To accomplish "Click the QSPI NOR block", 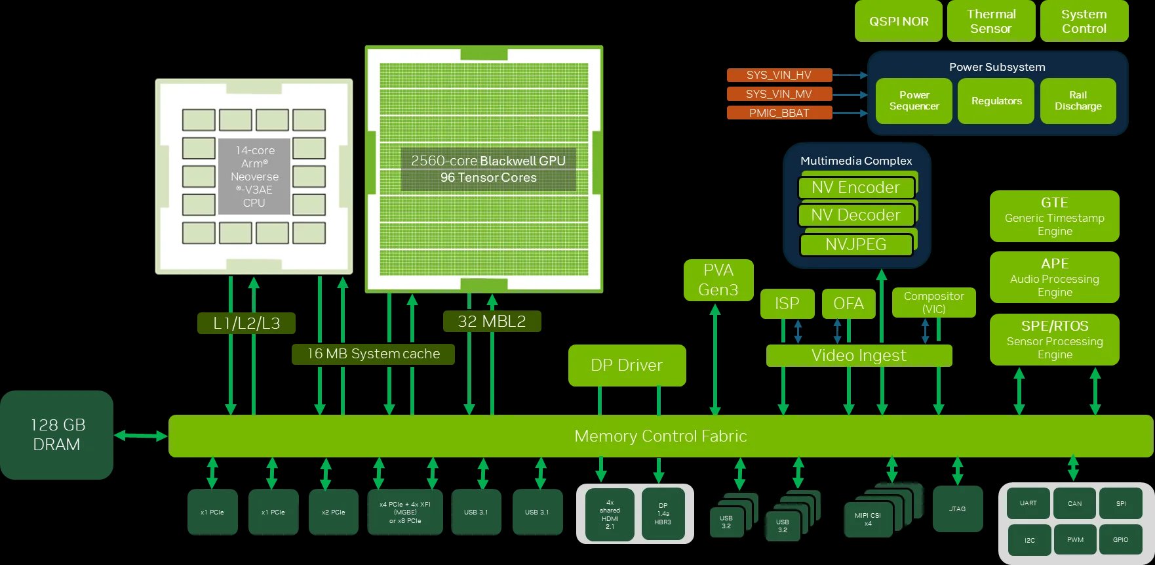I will click(898, 21).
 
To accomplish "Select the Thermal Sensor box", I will click(990, 21).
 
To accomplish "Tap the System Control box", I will click(1084, 21).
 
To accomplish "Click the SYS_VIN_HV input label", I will click(779, 75).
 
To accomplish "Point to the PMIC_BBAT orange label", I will click(779, 113).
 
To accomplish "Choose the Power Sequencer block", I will click(914, 100).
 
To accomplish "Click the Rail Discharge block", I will click(1078, 100).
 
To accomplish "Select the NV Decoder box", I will click(855, 215).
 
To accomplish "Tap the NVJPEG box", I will click(855, 245).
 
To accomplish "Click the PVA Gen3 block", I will click(718, 280).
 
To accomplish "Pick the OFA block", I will click(848, 303).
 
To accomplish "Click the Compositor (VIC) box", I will click(933, 303).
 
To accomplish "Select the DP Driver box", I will click(627, 366).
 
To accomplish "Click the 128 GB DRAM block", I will click(57, 434).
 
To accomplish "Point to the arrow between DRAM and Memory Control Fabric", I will click(141, 435).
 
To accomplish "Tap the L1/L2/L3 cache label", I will click(246, 323).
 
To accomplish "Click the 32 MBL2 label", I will click(492, 321).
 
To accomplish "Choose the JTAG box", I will click(957, 509).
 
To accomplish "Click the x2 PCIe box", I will click(333, 512).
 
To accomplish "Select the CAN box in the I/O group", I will click(1074, 503).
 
